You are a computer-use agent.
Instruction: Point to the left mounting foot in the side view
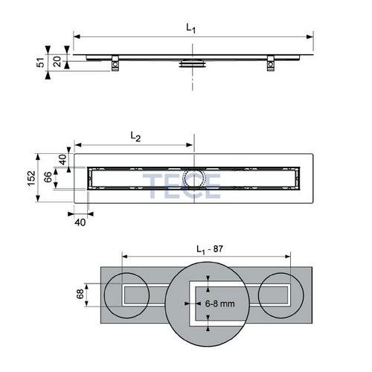[x=117, y=65]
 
